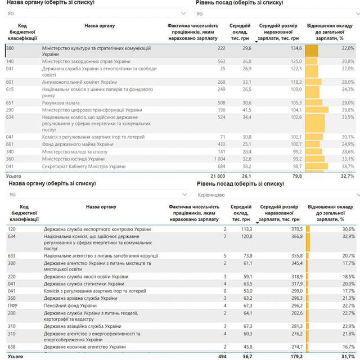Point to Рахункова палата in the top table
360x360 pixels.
point(60,102)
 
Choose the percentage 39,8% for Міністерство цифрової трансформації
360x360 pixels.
point(348,110)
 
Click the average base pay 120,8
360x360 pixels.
point(245,237)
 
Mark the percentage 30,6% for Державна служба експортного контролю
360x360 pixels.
point(348,229)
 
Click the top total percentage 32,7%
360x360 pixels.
point(348,176)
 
